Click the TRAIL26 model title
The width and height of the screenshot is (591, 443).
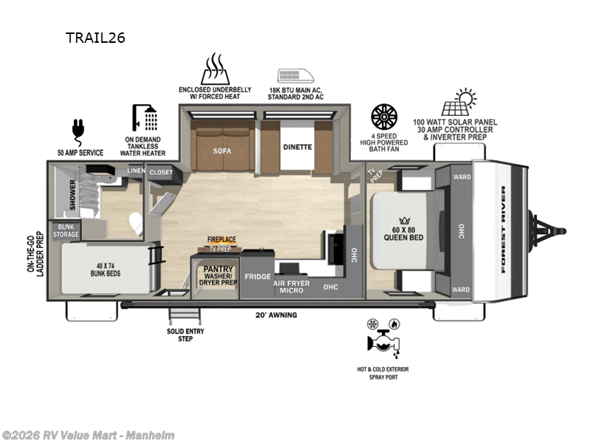[95, 38]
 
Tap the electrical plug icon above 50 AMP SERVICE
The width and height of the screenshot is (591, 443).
[78, 133]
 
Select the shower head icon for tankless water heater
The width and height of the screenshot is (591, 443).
[145, 118]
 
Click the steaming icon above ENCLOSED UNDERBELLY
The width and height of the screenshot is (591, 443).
[215, 69]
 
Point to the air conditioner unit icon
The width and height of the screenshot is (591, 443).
[296, 76]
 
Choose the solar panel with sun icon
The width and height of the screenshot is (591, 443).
[459, 102]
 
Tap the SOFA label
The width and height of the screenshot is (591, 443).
[222, 151]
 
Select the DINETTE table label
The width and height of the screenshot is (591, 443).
[298, 147]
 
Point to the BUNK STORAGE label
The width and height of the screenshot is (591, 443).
[66, 230]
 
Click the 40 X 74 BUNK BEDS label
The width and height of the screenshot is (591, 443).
[106, 269]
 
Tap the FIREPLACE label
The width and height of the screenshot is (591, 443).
[222, 239]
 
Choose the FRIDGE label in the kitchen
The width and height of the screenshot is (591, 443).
[258, 276]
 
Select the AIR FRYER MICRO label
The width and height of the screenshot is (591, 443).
[292, 287]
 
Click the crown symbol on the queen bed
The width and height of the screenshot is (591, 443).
[404, 221]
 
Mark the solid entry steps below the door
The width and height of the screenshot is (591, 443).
[185, 315]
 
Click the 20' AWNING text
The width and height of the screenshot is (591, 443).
[276, 315]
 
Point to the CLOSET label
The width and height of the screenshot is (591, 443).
[161, 173]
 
